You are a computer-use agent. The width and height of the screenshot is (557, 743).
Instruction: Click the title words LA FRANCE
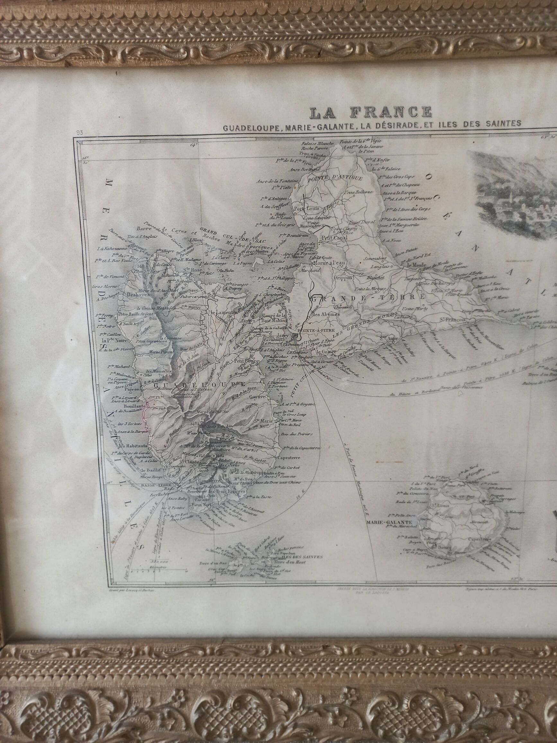pyautogui.click(x=371, y=113)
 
